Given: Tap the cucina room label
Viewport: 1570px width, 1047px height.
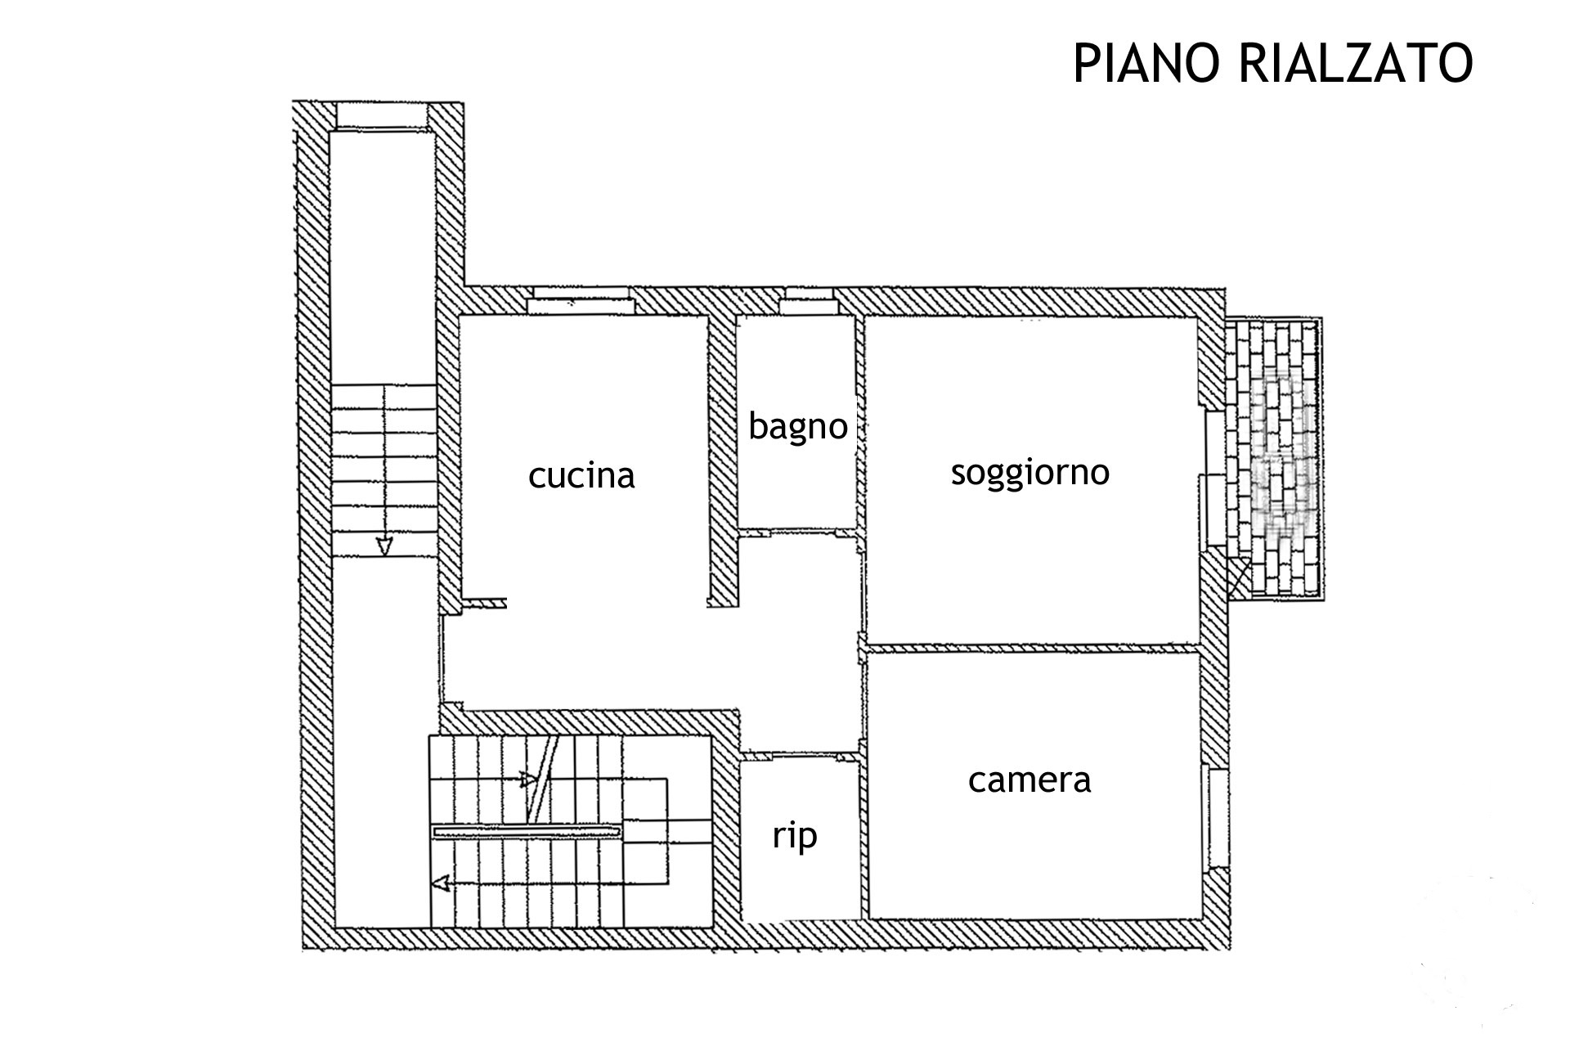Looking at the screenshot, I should point(581,475).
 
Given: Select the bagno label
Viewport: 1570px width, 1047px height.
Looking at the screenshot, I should point(797,426).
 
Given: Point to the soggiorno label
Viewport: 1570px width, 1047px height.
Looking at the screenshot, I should point(1029,472).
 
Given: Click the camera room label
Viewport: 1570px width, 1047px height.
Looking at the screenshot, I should point(1029,780).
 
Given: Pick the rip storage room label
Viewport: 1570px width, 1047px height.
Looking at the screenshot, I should point(795,836).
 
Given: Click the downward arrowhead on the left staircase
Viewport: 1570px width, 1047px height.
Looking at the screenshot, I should point(384,546).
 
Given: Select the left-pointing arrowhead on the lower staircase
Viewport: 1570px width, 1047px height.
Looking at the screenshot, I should point(441,883).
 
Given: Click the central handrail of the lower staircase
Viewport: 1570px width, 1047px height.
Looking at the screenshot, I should point(527,831).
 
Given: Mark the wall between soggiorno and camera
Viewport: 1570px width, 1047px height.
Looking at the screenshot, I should point(1033,649).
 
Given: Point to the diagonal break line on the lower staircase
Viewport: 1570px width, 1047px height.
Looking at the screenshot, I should point(543,777).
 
